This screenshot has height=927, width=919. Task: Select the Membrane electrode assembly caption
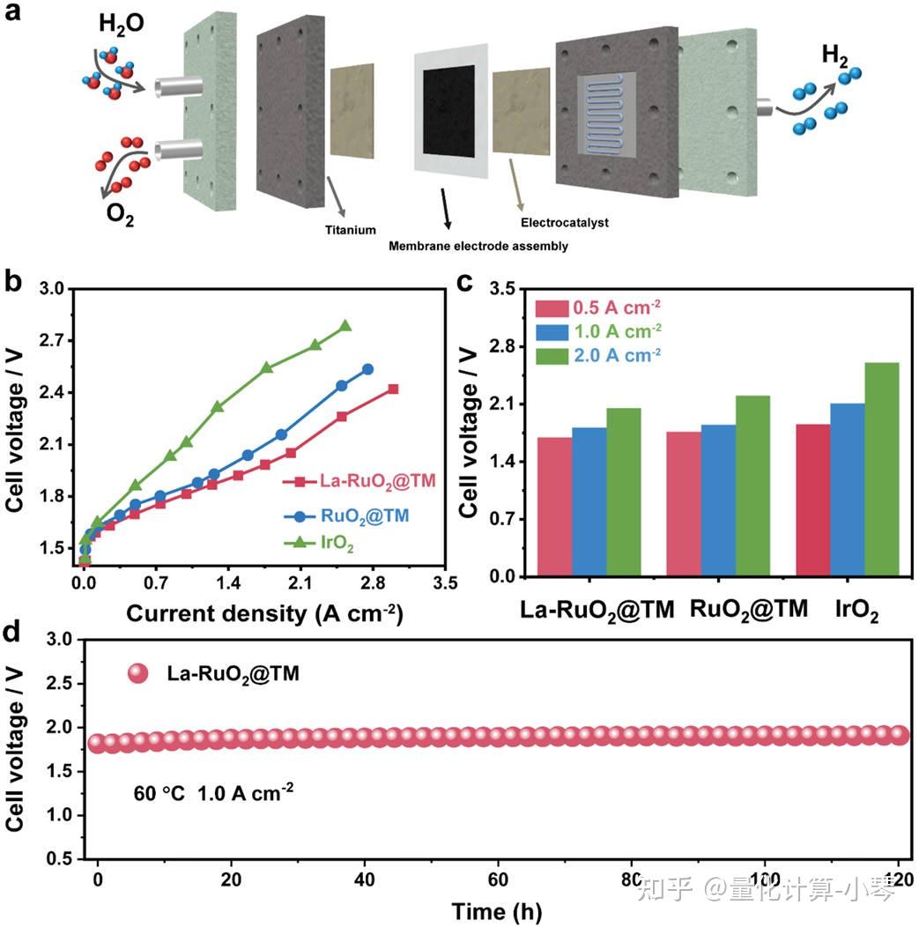(x=478, y=247)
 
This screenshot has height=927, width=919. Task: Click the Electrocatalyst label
(x=564, y=223)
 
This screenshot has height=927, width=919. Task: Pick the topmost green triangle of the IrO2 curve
(x=345, y=325)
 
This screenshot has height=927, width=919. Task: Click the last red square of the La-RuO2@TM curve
(x=393, y=389)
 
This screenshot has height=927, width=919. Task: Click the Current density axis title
(x=263, y=615)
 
